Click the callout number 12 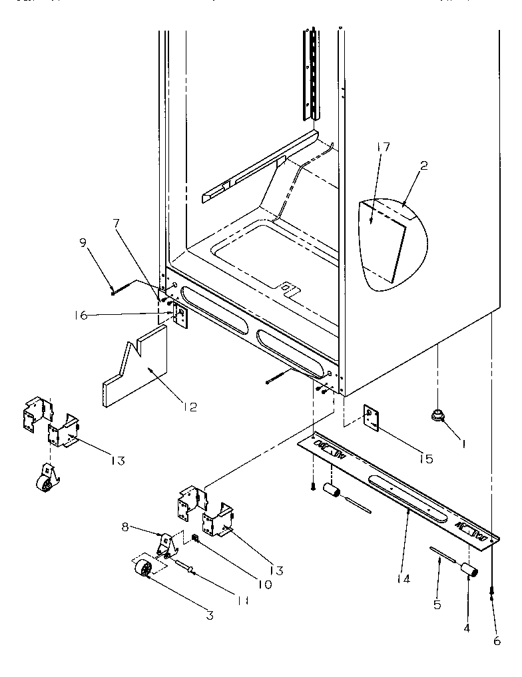coord(190,407)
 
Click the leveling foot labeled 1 coord(437,417)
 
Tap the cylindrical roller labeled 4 coord(471,570)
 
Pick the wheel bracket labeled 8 coord(168,547)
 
